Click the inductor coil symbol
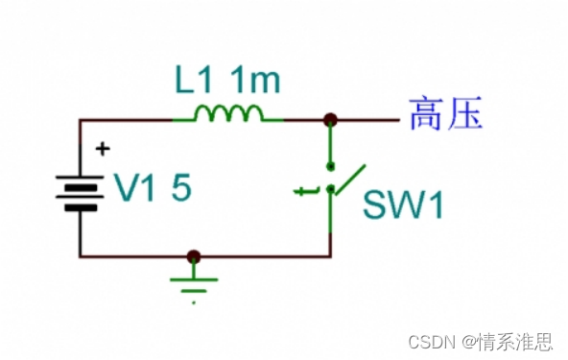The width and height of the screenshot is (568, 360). (x=228, y=113)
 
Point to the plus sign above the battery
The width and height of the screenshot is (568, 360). (x=103, y=149)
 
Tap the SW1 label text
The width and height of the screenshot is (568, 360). (x=403, y=204)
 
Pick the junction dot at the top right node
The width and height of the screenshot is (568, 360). (x=330, y=120)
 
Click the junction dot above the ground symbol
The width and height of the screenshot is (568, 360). (x=194, y=256)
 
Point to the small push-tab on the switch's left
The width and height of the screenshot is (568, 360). (x=306, y=192)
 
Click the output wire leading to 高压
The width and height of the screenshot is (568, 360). (x=369, y=120)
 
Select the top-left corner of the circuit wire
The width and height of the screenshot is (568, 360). (x=80, y=120)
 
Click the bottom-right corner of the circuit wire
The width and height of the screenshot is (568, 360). (x=330, y=256)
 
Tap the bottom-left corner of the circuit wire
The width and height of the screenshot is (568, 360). (x=80, y=256)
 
